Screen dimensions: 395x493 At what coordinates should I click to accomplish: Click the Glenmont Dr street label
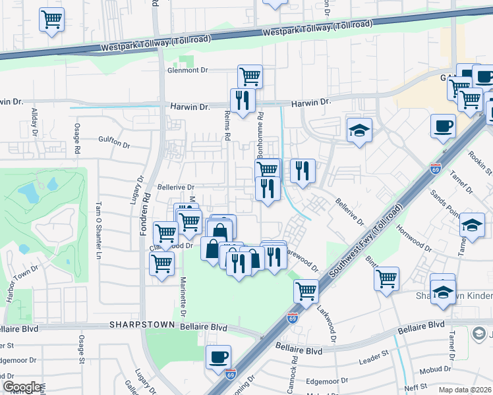pos(188,70)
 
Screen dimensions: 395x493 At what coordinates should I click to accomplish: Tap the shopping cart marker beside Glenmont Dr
pos(250,76)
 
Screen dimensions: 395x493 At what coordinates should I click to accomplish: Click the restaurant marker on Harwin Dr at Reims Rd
pos(242,100)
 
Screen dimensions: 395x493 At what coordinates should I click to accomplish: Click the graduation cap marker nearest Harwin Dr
pos(360,130)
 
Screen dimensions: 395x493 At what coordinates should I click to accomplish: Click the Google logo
pos(22,387)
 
